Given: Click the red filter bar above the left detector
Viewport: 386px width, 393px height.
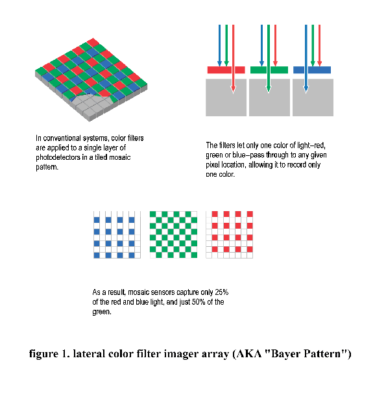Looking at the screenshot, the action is (x=226, y=70).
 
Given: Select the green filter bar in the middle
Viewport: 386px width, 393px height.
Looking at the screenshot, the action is (x=269, y=70).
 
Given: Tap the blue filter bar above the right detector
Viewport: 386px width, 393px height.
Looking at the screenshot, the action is (x=312, y=70).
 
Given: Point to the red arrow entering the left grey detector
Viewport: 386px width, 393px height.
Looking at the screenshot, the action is (x=234, y=59).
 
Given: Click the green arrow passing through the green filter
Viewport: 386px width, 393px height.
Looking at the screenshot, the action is (x=269, y=59).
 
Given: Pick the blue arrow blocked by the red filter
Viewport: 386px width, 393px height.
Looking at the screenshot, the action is (x=219, y=45).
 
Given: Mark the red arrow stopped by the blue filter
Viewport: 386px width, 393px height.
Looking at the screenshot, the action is (x=319, y=45).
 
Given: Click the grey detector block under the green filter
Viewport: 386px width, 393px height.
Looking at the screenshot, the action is (x=269, y=97).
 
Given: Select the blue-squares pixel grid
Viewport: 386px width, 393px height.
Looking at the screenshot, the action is (x=117, y=235).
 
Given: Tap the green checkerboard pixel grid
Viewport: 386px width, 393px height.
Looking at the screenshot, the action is (x=173, y=235).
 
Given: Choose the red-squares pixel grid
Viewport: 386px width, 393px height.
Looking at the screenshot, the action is (x=229, y=235).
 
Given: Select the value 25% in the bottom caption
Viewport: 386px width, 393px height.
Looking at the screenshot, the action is (x=221, y=292).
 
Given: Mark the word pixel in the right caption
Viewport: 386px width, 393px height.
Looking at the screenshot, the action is (x=213, y=165).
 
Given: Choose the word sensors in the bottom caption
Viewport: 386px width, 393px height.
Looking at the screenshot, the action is (x=163, y=292).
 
